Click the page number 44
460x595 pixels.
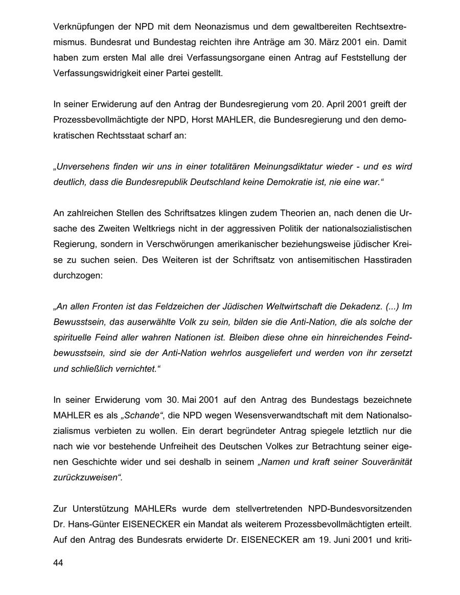point(58,563)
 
